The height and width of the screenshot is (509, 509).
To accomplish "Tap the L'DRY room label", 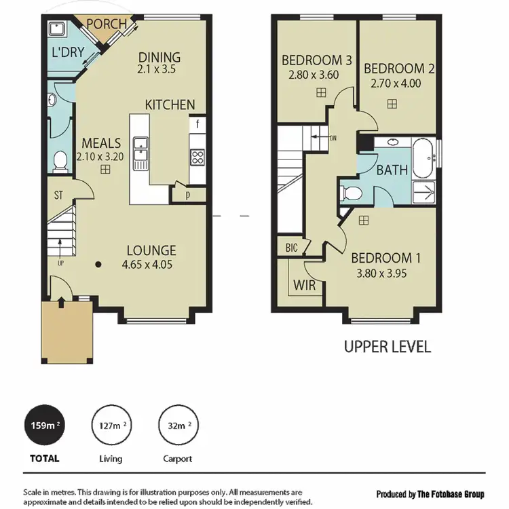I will coord(68,52).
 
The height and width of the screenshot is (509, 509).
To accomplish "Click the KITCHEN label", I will coord(170,105).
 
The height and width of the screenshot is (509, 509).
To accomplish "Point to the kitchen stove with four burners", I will coord(197,157).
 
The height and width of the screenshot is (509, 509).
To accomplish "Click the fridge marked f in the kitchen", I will coord(197,124).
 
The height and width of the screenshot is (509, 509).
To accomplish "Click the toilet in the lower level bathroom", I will coord(60,161).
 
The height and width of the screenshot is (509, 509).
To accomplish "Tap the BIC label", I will coord(292,247).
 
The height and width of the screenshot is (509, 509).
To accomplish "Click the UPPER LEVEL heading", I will coord(387,347).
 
